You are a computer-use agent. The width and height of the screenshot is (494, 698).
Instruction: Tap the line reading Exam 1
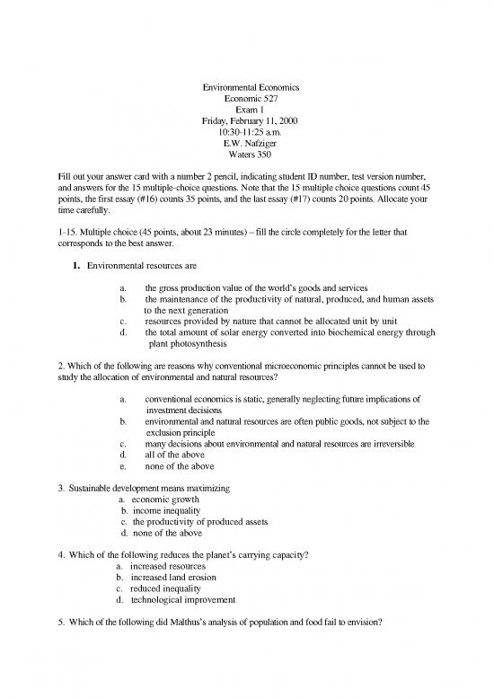(x=246, y=109)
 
